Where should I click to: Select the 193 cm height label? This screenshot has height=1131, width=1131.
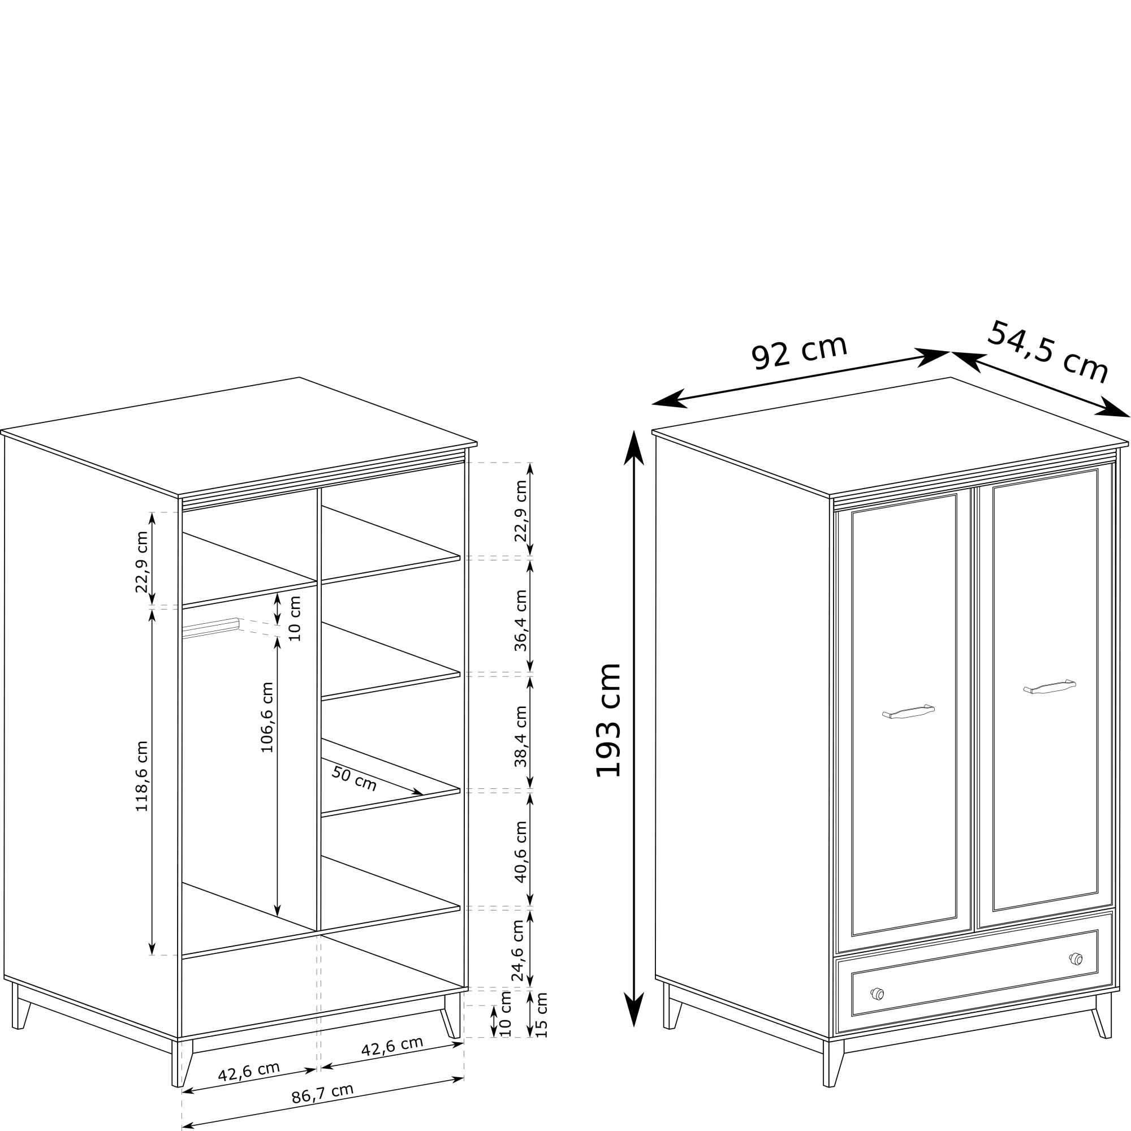click(x=608, y=720)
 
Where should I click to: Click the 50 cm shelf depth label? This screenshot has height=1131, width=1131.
click(x=354, y=779)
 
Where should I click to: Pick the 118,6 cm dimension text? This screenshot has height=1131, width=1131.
click(x=142, y=776)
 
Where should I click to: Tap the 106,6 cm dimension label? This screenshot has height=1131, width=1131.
click(x=267, y=717)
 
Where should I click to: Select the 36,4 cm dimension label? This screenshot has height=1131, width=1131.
click(x=520, y=620)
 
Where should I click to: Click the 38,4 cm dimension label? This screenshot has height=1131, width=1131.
click(x=520, y=736)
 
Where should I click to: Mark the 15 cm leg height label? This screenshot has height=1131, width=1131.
click(x=542, y=1015)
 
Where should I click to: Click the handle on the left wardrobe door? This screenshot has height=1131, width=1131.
click(x=908, y=711)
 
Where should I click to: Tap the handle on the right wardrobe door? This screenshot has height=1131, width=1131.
click(x=1050, y=687)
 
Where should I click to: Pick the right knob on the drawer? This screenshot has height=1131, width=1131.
click(x=1076, y=959)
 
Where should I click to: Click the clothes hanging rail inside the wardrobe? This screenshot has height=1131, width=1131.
click(x=211, y=628)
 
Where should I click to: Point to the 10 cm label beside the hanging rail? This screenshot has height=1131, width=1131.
click(x=295, y=619)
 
